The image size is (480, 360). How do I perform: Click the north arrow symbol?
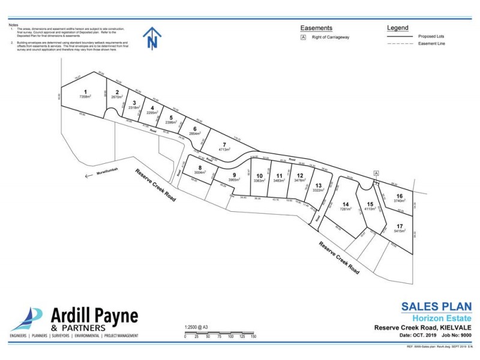(x=153, y=39)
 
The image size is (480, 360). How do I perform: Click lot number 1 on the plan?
(x=85, y=91)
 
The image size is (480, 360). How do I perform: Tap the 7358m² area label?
(x=85, y=97)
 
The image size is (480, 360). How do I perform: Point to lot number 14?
(x=345, y=203)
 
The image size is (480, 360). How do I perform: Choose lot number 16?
(x=399, y=196)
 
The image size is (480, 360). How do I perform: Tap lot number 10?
(x=259, y=175)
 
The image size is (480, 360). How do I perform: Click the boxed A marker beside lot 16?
(x=376, y=173)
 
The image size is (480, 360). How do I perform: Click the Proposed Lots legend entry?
(x=431, y=37)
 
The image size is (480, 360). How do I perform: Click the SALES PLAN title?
(x=436, y=307)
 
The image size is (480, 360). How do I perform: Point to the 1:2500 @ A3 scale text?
(x=197, y=327)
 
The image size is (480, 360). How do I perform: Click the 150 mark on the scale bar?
(x=253, y=337)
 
